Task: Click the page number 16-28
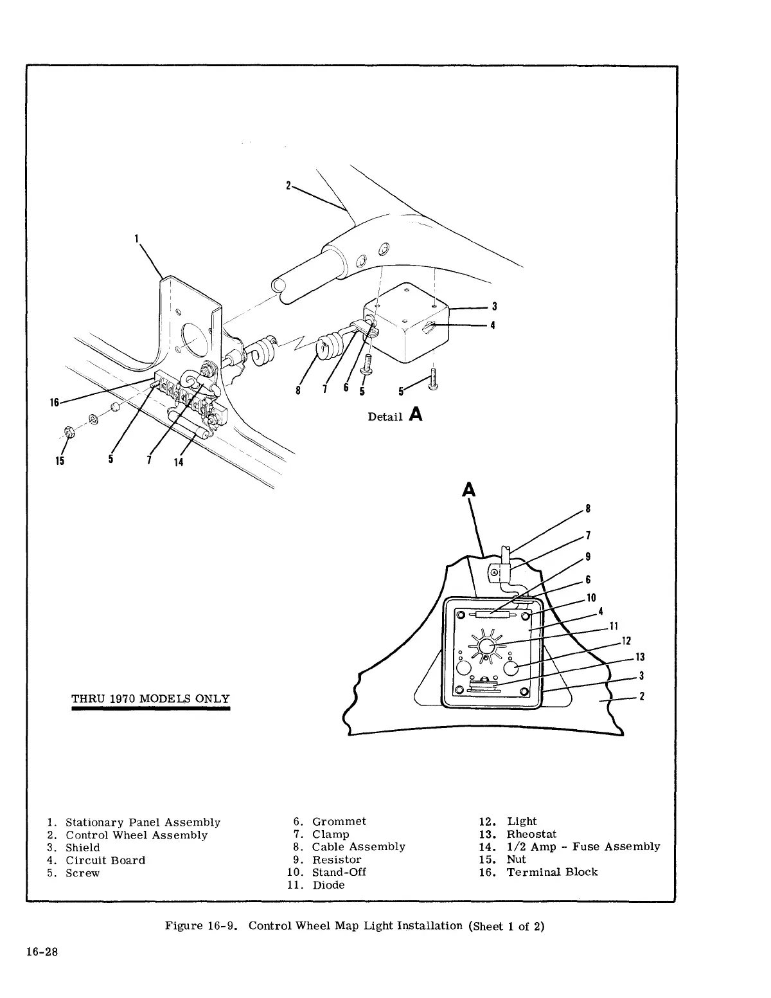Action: [42, 953]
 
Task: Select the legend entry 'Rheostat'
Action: [531, 834]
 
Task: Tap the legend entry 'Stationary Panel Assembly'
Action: [143, 822]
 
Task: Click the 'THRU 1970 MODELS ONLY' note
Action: [150, 699]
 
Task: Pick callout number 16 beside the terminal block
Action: [55, 403]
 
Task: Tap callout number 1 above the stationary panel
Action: [137, 239]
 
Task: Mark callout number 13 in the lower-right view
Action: [639, 657]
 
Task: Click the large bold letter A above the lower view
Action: [469, 490]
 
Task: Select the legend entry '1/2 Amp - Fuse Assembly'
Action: [583, 847]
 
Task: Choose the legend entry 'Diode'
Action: [328, 885]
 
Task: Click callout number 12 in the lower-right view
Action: [626, 640]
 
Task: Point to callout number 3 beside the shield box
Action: [495, 306]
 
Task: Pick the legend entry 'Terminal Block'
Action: [552, 873]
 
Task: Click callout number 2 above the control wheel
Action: [289, 185]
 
